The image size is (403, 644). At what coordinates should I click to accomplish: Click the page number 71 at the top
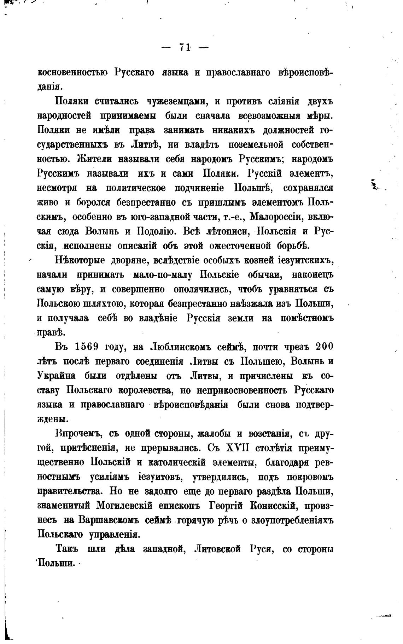[x=185, y=47]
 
